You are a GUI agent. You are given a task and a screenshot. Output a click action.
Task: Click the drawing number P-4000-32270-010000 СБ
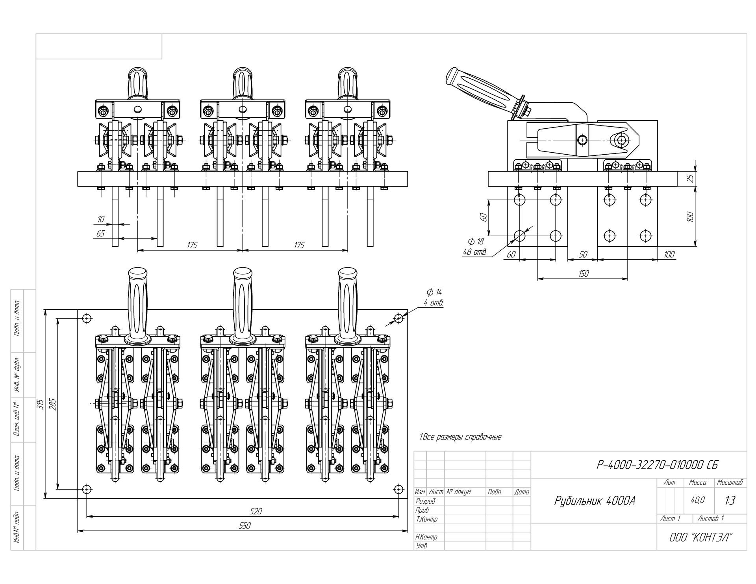pyautogui.click(x=657, y=465)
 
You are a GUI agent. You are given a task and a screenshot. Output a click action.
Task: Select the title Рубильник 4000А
pyautogui.click(x=595, y=501)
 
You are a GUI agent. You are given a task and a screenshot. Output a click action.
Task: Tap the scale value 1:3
pyautogui.click(x=730, y=501)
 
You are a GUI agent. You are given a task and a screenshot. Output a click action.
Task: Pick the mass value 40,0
pyautogui.click(x=698, y=500)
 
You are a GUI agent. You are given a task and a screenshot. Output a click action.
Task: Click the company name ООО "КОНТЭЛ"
pyautogui.click(x=701, y=537)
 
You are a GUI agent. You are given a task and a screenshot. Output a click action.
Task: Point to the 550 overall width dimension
pyautogui.click(x=245, y=526)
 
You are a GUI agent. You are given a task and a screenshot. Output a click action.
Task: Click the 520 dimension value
pyautogui.click(x=256, y=511)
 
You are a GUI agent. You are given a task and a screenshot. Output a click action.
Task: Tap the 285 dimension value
pyautogui.click(x=53, y=404)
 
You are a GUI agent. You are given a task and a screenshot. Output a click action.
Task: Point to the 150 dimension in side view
pyautogui.click(x=584, y=274)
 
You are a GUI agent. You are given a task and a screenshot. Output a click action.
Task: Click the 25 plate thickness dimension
pyautogui.click(x=690, y=179)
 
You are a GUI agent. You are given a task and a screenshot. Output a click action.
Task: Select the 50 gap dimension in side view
pyautogui.click(x=583, y=255)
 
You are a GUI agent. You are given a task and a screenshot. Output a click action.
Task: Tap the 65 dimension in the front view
pyautogui.click(x=100, y=234)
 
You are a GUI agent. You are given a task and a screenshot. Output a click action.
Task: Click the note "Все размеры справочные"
pyautogui.click(x=460, y=437)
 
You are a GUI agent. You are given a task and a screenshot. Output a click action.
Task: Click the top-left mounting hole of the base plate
pyautogui.click(x=87, y=318)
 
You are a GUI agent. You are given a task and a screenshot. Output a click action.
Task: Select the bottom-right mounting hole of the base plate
pyautogui.click(x=398, y=489)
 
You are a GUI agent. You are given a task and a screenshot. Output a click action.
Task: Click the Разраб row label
pyautogui.click(x=426, y=501)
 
